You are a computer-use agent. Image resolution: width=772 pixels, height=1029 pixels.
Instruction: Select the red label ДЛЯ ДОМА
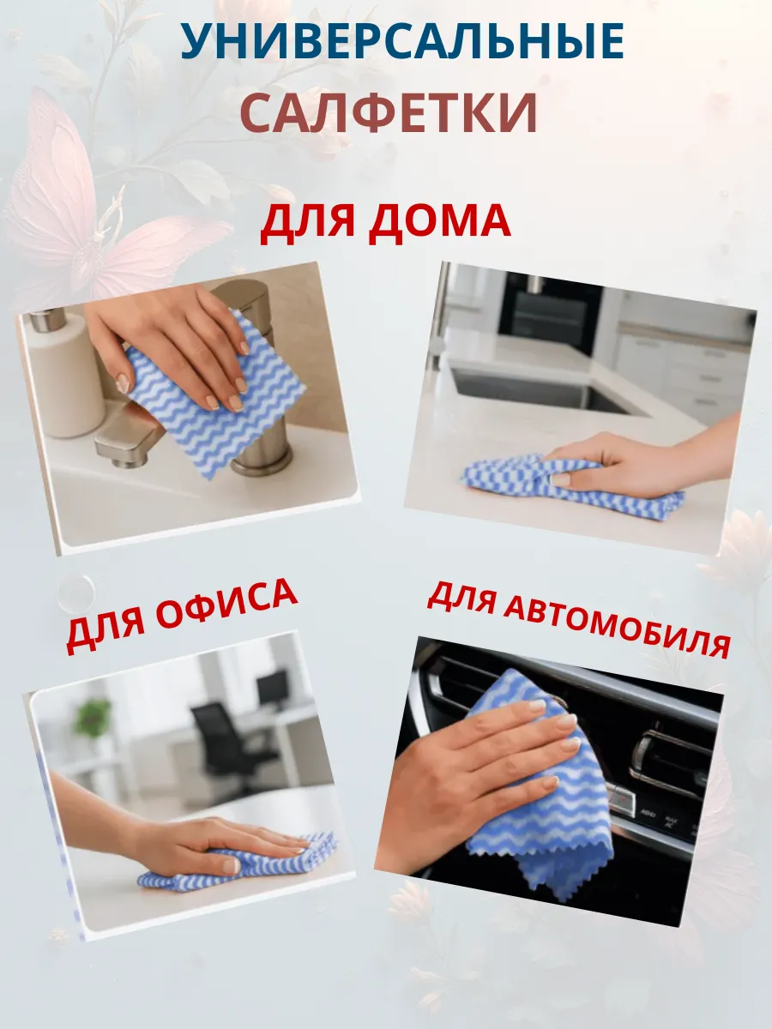pos(385,222)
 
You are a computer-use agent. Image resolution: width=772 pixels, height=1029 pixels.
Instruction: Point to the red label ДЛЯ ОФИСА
pos(182,615)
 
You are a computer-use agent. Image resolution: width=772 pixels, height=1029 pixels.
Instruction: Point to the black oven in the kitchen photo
pos(549,313)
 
